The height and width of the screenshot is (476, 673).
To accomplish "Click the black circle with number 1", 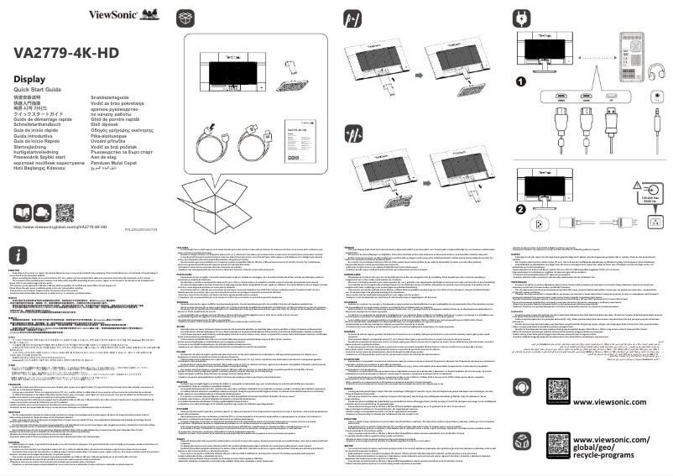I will point(522,82).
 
